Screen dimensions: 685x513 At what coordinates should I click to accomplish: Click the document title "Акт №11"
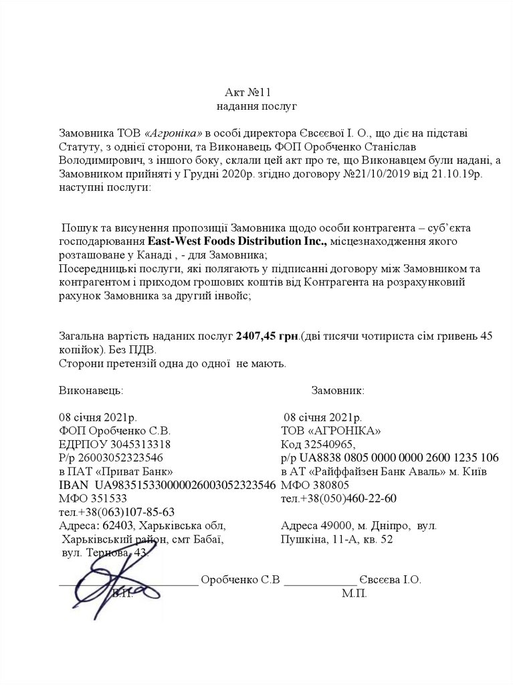(x=248, y=92)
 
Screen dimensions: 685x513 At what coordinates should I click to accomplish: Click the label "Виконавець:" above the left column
(x=91, y=390)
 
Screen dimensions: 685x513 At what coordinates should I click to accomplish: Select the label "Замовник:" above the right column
(x=337, y=390)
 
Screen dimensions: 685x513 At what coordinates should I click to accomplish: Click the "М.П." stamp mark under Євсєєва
(x=354, y=593)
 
